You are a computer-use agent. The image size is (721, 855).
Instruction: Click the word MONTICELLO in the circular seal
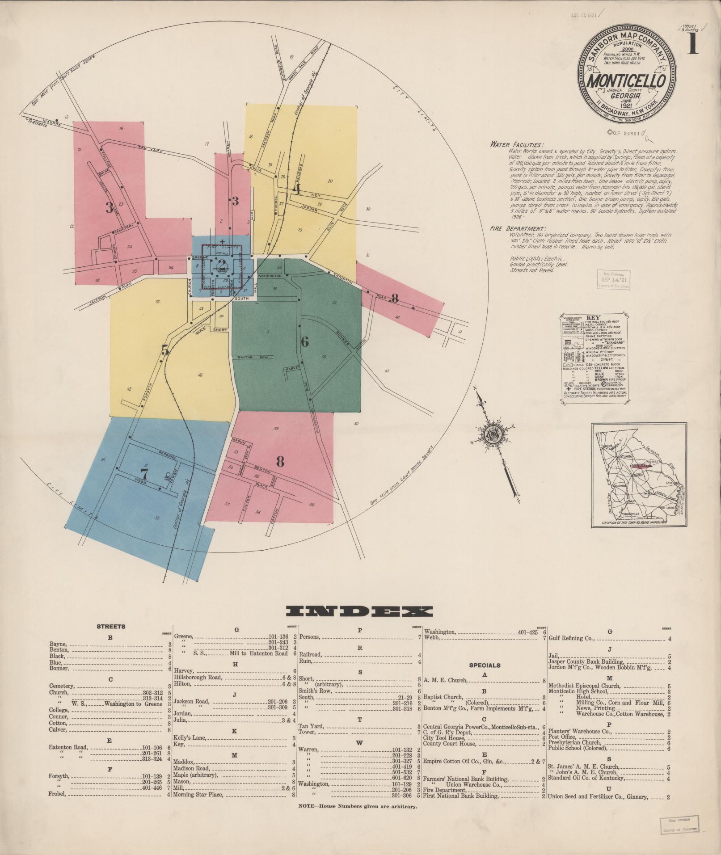(625, 81)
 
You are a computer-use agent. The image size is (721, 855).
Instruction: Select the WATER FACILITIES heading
(517, 145)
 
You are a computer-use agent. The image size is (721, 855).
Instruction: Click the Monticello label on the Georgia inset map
(641, 465)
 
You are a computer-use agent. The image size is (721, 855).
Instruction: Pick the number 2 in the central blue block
(222, 264)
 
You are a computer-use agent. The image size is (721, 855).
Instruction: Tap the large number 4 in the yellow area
(295, 189)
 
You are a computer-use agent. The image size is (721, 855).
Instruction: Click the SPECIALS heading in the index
(485, 665)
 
